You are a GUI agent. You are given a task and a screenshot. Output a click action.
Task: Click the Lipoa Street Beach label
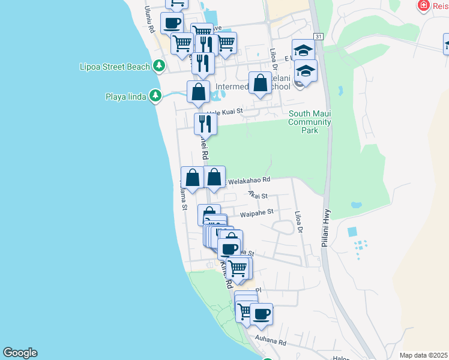pos(114,67)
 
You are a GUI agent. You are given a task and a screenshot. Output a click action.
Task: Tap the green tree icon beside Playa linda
pos(155,96)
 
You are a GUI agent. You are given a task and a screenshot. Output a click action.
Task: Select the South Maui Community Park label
pos(309,122)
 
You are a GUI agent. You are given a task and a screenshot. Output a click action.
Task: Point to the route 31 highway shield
pos(318,37)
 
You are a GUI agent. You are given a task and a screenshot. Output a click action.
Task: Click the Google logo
pos(20,353)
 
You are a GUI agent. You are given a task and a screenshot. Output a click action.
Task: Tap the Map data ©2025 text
pos(423,355)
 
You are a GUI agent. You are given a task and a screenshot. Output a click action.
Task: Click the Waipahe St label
pos(256,212)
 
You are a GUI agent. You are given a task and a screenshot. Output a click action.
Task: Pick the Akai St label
pos(258,195)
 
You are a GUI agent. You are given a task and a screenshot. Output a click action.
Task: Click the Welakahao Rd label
pos(248,179)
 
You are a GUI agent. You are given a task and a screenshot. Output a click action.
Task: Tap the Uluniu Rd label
pos(149,19)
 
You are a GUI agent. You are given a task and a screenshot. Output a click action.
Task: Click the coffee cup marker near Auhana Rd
pos(261,313)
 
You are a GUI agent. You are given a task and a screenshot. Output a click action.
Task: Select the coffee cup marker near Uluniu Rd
pos(172,22)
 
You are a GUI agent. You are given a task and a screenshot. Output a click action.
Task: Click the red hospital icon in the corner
pos(424,5)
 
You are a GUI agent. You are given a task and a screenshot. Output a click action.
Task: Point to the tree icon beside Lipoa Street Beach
pos(159,66)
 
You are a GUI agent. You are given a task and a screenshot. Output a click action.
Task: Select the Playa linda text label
pos(126,97)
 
